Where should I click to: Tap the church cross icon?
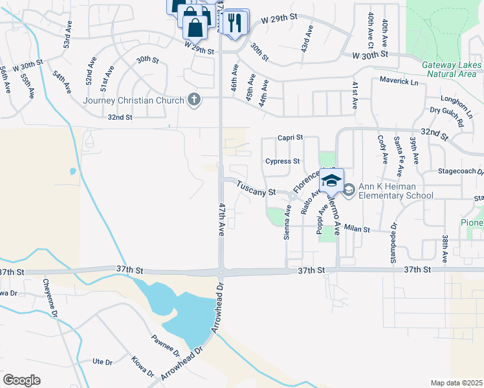pos(192,100)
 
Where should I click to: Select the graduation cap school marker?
pos(331,180)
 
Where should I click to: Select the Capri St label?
pos(291,137)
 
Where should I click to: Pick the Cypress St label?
pos(283,161)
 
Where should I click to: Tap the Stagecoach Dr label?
pos(461,173)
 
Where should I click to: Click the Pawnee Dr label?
pos(166,346)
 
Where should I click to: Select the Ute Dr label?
pos(103,361)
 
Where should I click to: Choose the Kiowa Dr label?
pos(142,367)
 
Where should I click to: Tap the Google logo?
pos(21,380)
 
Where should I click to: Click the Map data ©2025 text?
pos(456,383)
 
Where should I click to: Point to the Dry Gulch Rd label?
pos(447,116)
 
